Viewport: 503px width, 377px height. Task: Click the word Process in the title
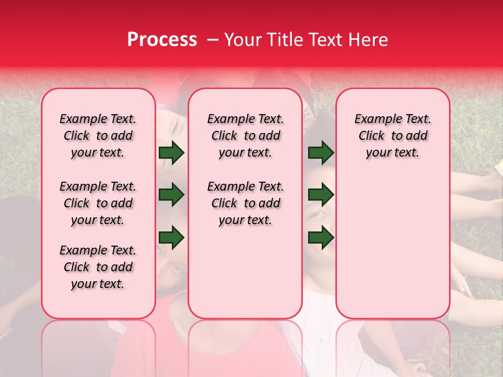pyautogui.click(x=162, y=40)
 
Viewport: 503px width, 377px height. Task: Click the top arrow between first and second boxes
pyautogui.click(x=171, y=153)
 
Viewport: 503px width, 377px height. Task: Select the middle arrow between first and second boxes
pyautogui.click(x=171, y=195)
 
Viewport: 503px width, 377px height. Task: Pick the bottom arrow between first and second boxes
pyautogui.click(x=171, y=238)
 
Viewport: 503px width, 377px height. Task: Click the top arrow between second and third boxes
pyautogui.click(x=321, y=153)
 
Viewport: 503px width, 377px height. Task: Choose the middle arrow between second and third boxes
pyautogui.click(x=321, y=195)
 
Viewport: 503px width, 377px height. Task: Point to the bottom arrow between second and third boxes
pyautogui.click(x=321, y=238)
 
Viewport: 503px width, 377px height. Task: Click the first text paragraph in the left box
pyautogui.click(x=98, y=136)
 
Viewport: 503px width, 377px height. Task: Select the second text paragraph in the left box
pyautogui.click(x=98, y=203)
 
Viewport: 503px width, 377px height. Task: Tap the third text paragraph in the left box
pyautogui.click(x=98, y=267)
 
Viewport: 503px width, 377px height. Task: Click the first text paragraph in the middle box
pyautogui.click(x=245, y=136)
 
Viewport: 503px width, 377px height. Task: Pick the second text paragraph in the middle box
pyautogui.click(x=245, y=203)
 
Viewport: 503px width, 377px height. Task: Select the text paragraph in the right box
pyautogui.click(x=393, y=136)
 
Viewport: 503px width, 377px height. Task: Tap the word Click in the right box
pyautogui.click(x=371, y=136)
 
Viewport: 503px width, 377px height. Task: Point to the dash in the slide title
pyautogui.click(x=213, y=40)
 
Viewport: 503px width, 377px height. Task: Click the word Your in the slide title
pyautogui.click(x=242, y=40)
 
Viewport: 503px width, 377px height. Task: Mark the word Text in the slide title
pyautogui.click(x=323, y=40)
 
